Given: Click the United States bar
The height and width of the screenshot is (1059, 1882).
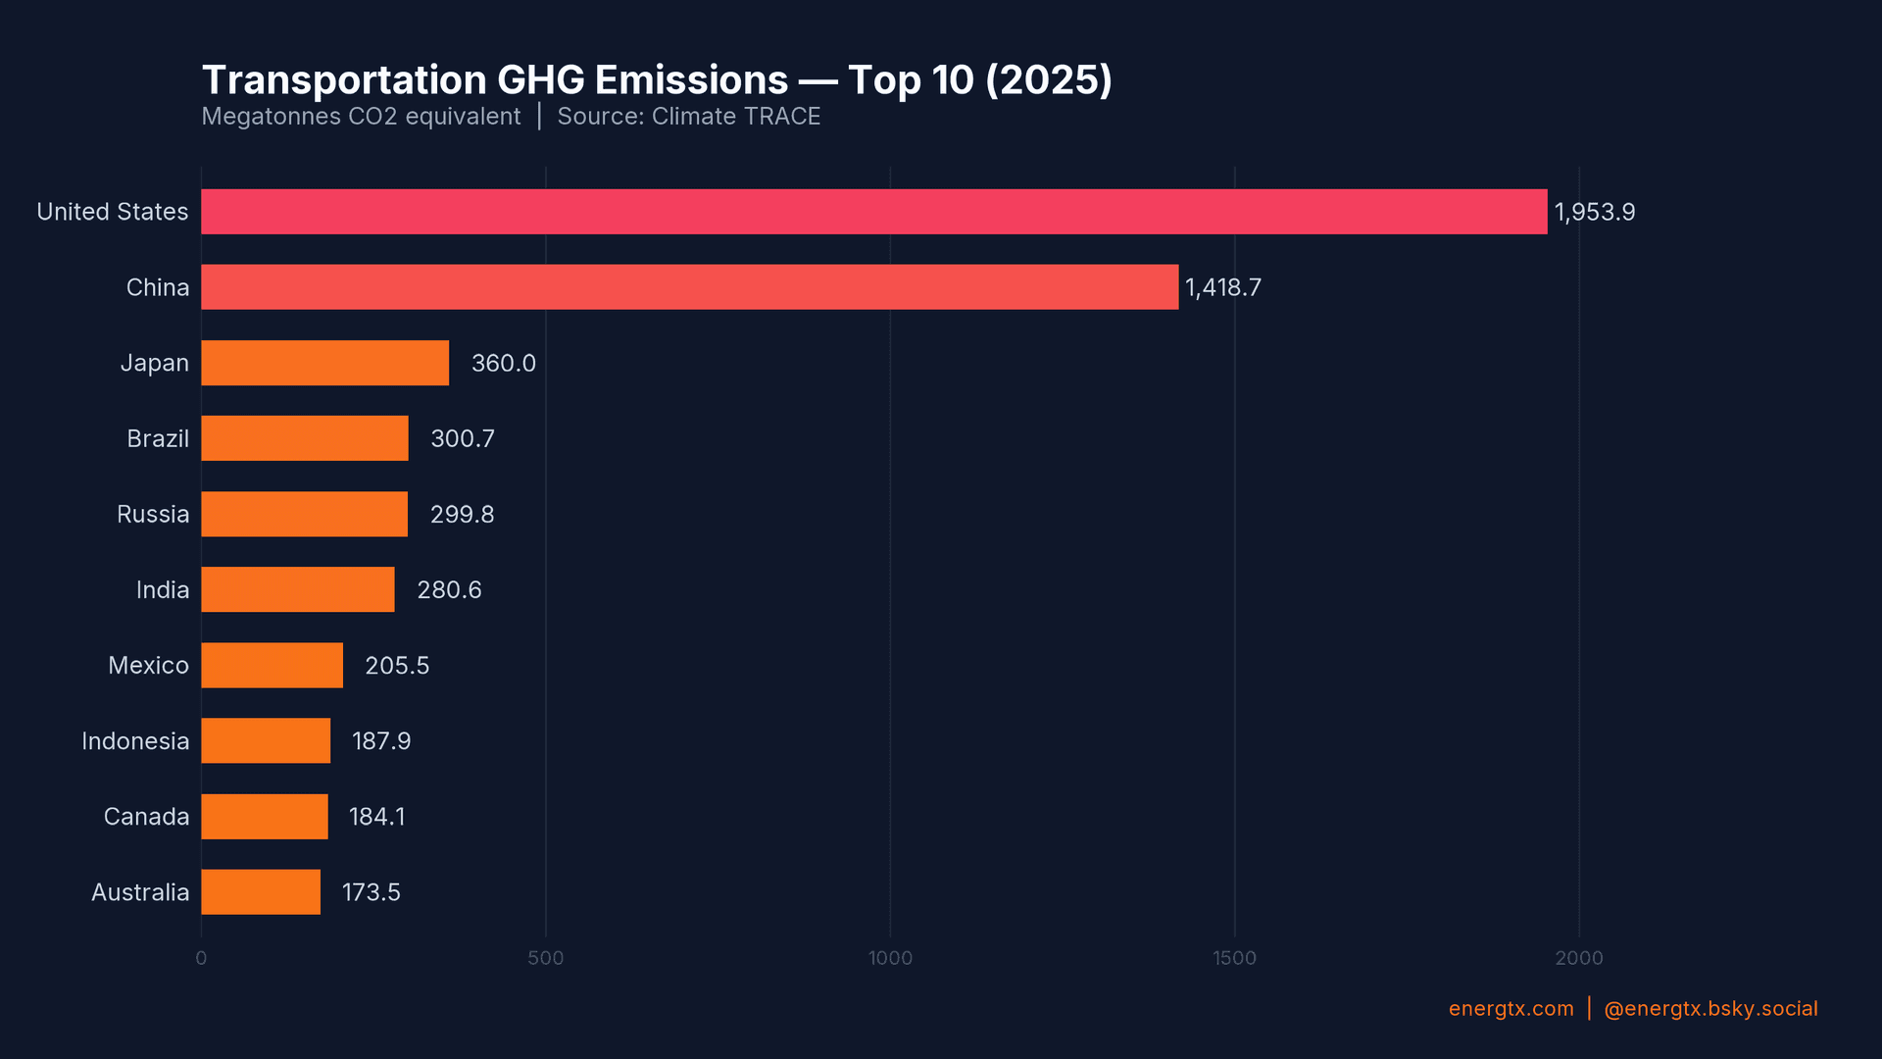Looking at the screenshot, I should coord(873,212).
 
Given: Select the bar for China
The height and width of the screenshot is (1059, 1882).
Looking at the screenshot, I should coord(689,287).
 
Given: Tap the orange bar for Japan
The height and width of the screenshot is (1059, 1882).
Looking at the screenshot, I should coord(324,363).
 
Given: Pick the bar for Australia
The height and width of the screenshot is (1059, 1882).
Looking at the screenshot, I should coord(261,892).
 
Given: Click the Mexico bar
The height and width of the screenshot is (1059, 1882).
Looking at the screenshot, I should coord(272,665).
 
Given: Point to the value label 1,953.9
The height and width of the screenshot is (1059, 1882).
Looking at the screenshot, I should coord(1594,213).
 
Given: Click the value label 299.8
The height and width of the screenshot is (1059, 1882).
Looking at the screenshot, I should coord(462,515).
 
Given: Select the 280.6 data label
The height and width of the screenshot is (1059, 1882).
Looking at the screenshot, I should coord(449,590).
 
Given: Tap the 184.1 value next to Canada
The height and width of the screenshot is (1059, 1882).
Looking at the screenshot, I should coord(376,817).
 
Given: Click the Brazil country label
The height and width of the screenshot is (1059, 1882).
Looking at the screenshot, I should coord(158,438).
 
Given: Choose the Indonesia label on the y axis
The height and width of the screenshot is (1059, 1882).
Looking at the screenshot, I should coord(135,741).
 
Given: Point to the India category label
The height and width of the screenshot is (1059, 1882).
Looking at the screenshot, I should coord(163,590).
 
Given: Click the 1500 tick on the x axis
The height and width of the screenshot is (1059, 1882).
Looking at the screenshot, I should coord(1234,958).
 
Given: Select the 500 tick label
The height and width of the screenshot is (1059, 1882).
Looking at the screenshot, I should coord(545,958).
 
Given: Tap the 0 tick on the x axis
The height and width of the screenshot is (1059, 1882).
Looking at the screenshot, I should coord(201,958).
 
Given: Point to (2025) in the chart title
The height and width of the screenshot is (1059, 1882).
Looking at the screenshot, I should coord(1048,80).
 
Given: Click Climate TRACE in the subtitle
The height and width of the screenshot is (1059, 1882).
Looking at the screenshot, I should coord(735,117).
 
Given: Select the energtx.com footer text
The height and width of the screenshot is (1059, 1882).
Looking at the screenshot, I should coord(1511,1009).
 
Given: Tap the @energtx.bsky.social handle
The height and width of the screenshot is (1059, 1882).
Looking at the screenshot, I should coord(1709,1009).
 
